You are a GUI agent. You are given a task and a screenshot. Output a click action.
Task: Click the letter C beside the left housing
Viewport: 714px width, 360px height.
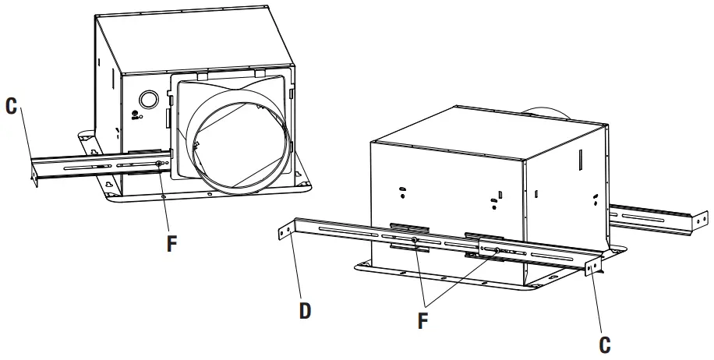(x=12, y=107)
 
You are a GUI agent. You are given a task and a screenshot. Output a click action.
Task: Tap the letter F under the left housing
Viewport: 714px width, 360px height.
(x=172, y=242)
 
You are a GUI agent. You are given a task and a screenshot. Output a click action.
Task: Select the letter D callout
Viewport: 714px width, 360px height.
(x=305, y=311)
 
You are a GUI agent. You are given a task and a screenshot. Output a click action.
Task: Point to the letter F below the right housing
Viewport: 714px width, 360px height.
(x=423, y=320)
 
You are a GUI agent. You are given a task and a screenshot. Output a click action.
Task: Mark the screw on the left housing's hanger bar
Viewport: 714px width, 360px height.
(x=158, y=164)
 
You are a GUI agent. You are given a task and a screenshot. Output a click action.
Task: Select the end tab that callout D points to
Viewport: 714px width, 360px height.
(x=284, y=231)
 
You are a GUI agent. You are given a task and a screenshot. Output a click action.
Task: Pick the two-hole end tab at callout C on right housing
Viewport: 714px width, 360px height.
(x=594, y=266)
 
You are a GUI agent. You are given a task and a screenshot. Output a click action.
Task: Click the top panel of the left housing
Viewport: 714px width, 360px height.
(x=195, y=39)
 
